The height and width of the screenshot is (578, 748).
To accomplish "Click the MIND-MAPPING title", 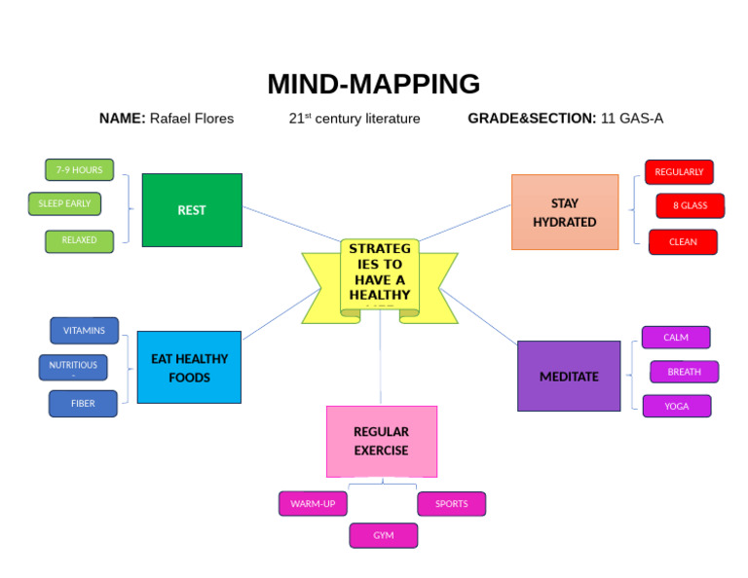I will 373,85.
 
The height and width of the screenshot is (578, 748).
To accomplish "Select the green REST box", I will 192,210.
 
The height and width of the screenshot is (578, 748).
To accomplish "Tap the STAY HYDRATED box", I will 565,212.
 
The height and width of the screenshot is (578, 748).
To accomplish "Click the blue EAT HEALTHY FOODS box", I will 189,368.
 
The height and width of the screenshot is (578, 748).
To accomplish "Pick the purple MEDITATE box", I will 569,377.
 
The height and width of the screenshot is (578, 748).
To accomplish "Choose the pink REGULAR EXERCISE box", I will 381,441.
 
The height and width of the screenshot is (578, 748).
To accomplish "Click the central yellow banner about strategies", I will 380,276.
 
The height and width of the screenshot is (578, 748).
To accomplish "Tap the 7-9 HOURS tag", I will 79,170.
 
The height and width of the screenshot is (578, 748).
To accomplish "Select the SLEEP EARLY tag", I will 64,204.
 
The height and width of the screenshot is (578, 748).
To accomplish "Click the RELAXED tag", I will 79,240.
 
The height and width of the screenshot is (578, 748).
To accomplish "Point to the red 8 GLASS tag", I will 690,205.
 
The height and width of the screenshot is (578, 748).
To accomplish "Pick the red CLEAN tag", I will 683,242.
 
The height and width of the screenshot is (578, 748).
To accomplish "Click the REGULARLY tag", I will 679,172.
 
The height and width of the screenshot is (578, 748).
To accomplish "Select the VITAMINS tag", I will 84,331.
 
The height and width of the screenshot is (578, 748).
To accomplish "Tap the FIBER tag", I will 83,404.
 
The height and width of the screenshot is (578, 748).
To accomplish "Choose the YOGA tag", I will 676,407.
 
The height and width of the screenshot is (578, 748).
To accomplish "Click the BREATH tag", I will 684,372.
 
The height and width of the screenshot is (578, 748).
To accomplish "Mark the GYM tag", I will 384,536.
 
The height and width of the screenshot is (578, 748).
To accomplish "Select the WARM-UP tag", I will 313,504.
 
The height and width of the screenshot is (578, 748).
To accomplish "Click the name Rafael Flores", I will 191,119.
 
